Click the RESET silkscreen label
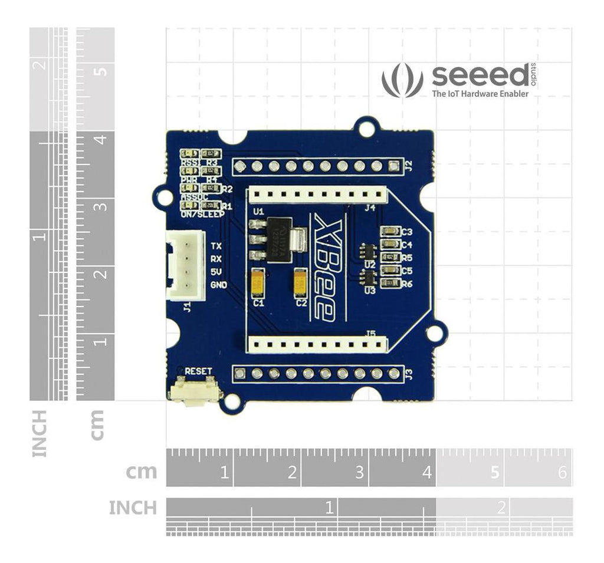pyautogui.click(x=198, y=371)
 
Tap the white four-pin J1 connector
pyautogui.click(x=185, y=265)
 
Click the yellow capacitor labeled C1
pyautogui.click(x=258, y=283)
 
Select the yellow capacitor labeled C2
pyautogui.click(x=301, y=283)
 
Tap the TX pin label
pyautogui.click(x=216, y=246)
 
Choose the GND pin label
pyautogui.click(x=219, y=285)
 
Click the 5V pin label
pyautogui.click(x=216, y=272)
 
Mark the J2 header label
pyautogui.click(x=409, y=165)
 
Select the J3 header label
pyautogui.click(x=409, y=373)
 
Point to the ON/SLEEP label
pyautogui.click(x=203, y=215)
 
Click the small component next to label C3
pyautogui.click(x=390, y=232)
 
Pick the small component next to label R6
pyautogui.click(x=390, y=284)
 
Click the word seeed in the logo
pyautogui.click(x=480, y=75)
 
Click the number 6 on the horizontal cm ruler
pyautogui.click(x=562, y=473)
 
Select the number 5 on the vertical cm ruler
pyautogui.click(x=101, y=71)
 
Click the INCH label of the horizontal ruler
pyautogui.click(x=133, y=508)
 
